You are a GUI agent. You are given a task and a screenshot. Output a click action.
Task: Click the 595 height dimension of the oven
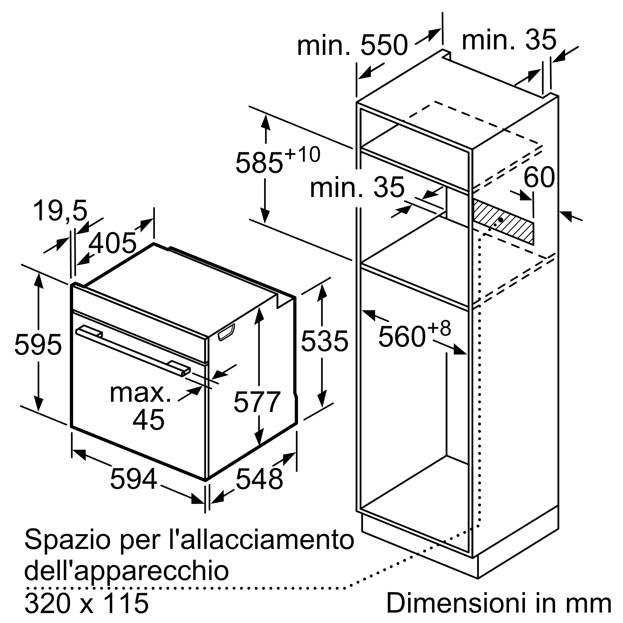(38, 345)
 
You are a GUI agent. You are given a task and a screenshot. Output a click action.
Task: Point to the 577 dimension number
(257, 402)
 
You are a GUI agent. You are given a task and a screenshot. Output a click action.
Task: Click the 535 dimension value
(324, 341)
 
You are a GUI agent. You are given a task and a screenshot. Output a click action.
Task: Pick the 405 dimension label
(112, 243)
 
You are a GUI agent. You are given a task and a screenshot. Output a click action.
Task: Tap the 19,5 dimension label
(60, 211)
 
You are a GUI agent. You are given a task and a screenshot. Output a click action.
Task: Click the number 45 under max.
(148, 420)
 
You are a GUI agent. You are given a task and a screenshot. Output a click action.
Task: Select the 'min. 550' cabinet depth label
(352, 45)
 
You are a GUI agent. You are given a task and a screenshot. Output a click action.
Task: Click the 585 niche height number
(259, 163)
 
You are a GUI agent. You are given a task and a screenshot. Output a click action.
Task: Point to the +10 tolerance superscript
(302, 155)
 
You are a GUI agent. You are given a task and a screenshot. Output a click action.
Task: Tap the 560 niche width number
(402, 337)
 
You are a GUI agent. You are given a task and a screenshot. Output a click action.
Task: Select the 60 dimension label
(539, 177)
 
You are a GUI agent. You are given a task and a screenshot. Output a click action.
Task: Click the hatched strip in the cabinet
(503, 222)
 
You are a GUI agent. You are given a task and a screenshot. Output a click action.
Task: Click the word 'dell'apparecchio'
(126, 571)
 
